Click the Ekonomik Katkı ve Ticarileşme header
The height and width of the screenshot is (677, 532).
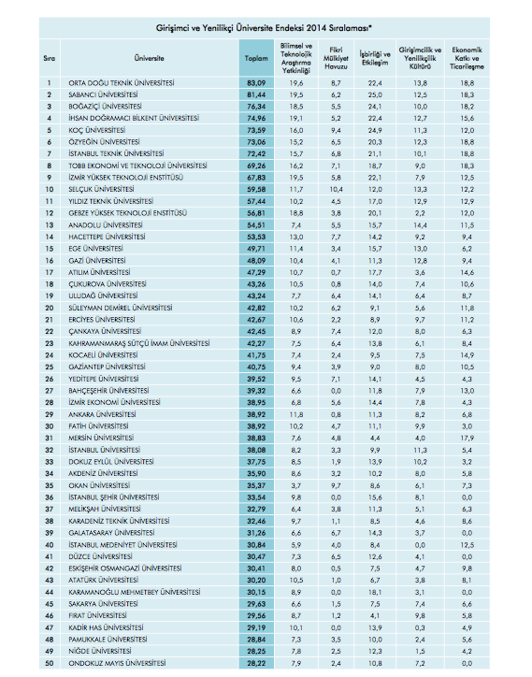467,57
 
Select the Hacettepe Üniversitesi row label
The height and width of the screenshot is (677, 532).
105,238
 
